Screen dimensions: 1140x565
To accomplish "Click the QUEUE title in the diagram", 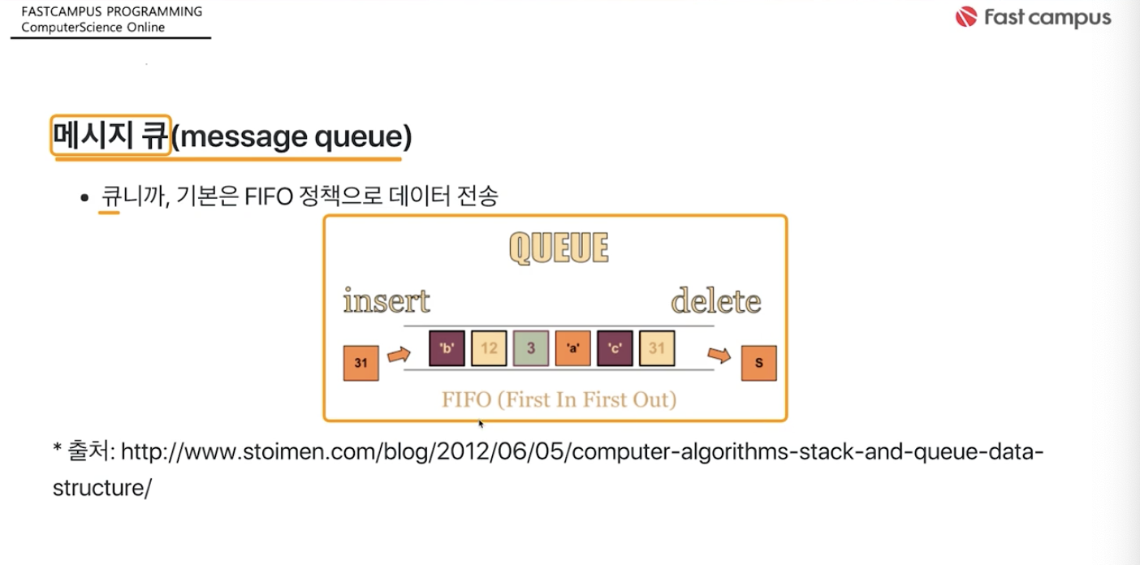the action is pyautogui.click(x=559, y=248).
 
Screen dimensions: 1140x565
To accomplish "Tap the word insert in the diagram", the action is pyautogui.click(x=386, y=300).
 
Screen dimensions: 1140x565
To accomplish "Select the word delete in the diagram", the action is pyautogui.click(x=716, y=301).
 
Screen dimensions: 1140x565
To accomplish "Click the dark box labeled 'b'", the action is pyautogui.click(x=447, y=348).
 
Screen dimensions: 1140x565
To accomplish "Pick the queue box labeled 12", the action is pyautogui.click(x=489, y=348).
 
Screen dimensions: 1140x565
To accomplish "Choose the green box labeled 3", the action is pyautogui.click(x=531, y=348).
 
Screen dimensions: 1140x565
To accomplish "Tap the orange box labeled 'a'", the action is pyautogui.click(x=573, y=348).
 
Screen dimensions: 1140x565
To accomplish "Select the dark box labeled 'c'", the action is pyautogui.click(x=615, y=348).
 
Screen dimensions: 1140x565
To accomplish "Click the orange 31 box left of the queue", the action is pyautogui.click(x=361, y=363).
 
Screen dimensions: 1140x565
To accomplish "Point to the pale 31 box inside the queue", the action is pyautogui.click(x=657, y=348).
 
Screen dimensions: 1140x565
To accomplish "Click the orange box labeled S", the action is pyautogui.click(x=759, y=363).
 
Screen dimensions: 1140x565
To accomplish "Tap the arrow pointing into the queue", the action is pyautogui.click(x=399, y=354).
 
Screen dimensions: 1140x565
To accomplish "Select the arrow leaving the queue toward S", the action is pyautogui.click(x=719, y=355).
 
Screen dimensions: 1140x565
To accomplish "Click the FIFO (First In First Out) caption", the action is pyautogui.click(x=559, y=399).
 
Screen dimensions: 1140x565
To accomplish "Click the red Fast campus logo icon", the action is pyautogui.click(x=966, y=17).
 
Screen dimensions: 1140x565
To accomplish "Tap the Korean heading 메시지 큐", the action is pyautogui.click(x=110, y=136).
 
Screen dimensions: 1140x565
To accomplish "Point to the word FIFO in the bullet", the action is pyautogui.click(x=269, y=196).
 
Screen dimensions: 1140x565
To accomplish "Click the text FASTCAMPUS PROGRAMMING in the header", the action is pyautogui.click(x=112, y=11).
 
